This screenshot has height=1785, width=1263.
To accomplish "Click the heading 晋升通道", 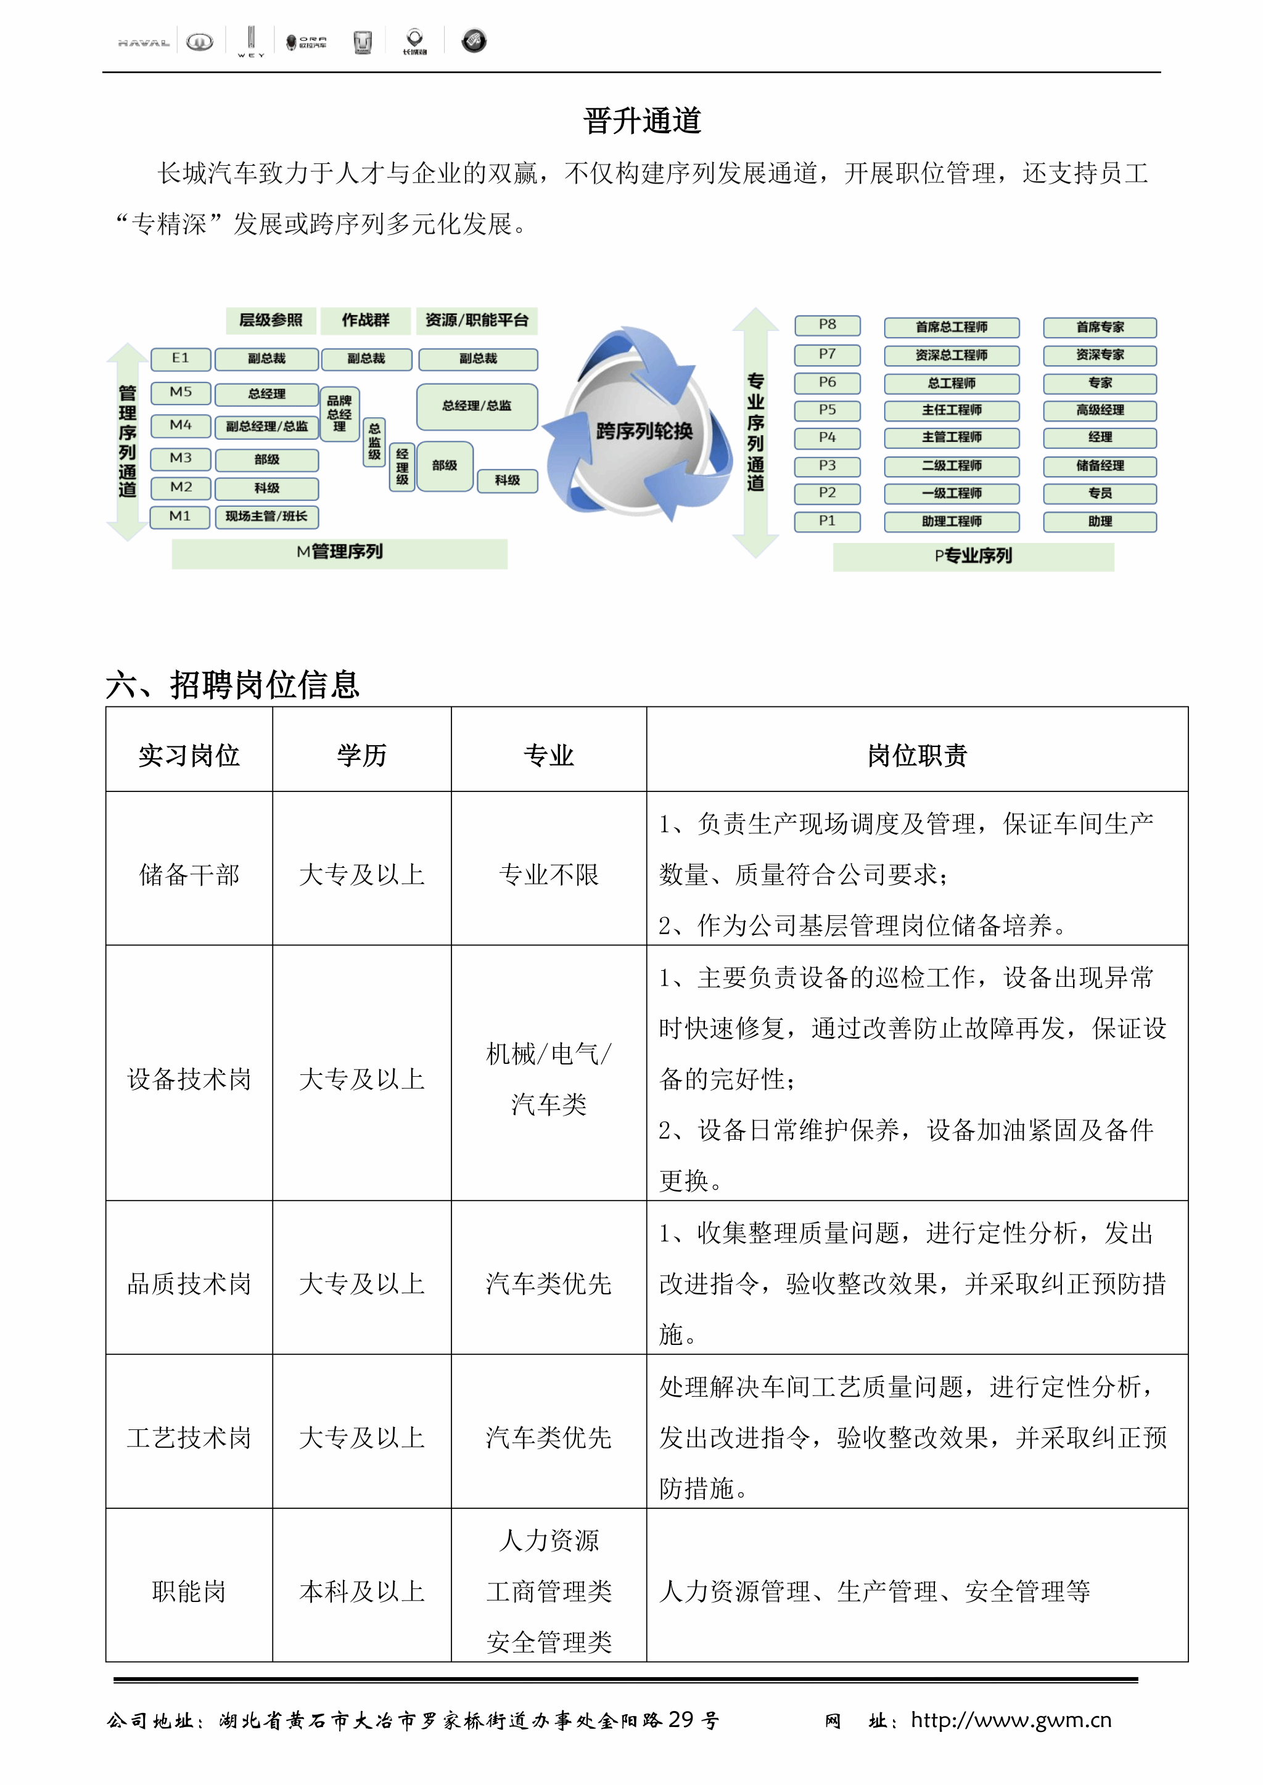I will (x=643, y=121).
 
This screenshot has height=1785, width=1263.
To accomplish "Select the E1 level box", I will (x=181, y=358).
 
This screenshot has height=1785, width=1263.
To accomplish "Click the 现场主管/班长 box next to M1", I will (x=267, y=517).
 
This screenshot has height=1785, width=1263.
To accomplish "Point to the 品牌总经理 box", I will (x=340, y=414).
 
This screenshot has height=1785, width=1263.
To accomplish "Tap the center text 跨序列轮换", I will (x=644, y=431).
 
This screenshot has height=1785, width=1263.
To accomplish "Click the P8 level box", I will (x=827, y=325).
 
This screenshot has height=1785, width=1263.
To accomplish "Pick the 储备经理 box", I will (x=1100, y=466).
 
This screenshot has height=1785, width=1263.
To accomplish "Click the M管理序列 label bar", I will (x=340, y=553).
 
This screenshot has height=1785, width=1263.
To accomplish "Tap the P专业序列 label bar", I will (x=973, y=557).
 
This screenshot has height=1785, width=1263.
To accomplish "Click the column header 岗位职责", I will (x=917, y=755).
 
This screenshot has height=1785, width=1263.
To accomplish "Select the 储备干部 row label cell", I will (x=189, y=875).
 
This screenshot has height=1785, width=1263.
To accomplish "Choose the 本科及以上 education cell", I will (x=361, y=1591).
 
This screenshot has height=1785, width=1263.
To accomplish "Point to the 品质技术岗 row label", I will (x=189, y=1283).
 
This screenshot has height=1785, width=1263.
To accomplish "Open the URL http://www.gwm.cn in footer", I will (x=1011, y=1720).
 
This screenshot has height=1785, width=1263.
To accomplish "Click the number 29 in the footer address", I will (x=680, y=1720).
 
